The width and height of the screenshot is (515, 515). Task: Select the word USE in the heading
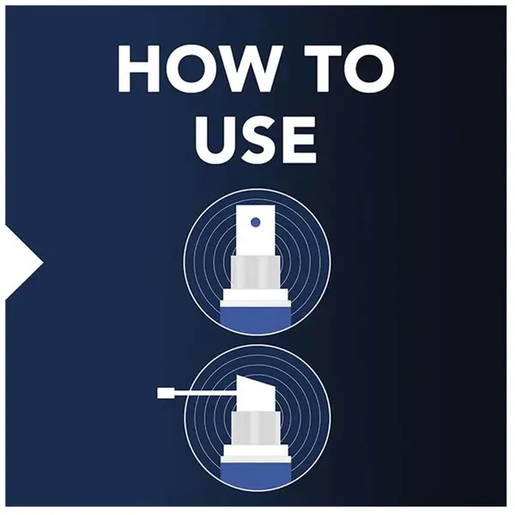(256, 139)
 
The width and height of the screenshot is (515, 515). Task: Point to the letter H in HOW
(138, 69)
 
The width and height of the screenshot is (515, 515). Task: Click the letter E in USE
(300, 139)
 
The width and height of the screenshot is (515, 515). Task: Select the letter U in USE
(215, 139)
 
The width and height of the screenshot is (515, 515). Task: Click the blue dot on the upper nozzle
(255, 222)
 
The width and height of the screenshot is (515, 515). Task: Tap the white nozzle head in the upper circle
(256, 231)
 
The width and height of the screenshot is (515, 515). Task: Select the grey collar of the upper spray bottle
(256, 273)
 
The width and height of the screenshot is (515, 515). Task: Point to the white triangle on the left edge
(24, 262)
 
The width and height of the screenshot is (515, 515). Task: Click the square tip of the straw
(163, 393)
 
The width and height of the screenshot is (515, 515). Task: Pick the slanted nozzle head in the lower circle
(256, 393)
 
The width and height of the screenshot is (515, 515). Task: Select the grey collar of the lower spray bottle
(256, 428)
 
